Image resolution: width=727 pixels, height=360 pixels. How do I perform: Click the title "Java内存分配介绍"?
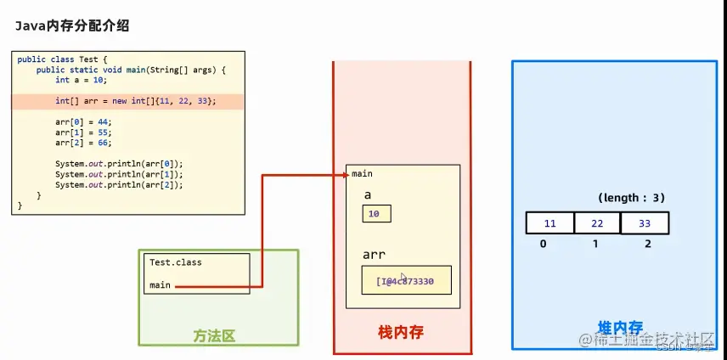pyautogui.click(x=71, y=26)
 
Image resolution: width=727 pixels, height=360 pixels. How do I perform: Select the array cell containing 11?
pyautogui.click(x=549, y=223)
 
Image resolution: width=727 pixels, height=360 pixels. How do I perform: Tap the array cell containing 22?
pyautogui.click(x=597, y=223)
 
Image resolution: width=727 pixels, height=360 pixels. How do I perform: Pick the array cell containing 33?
pyautogui.click(x=645, y=223)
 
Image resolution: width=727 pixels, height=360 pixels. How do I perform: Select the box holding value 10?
pyautogui.click(x=376, y=213)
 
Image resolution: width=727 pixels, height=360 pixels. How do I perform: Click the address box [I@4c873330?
pyautogui.click(x=406, y=279)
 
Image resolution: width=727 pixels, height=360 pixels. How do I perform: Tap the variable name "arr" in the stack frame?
pyautogui.click(x=375, y=254)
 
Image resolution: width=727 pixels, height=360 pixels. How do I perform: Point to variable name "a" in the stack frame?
pyautogui.click(x=368, y=194)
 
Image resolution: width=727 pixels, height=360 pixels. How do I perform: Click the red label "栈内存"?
pyautogui.click(x=400, y=332)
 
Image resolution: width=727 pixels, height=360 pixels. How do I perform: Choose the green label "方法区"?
pyautogui.click(x=213, y=335)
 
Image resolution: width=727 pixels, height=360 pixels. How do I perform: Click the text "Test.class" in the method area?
pyautogui.click(x=176, y=262)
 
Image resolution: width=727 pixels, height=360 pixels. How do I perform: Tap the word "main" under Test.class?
pyautogui.click(x=160, y=285)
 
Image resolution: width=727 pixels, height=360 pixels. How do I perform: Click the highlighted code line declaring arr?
pyautogui.click(x=136, y=101)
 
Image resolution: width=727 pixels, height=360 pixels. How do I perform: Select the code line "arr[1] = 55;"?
pyautogui.click(x=83, y=132)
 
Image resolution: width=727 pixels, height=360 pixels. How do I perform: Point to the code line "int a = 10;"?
pyautogui.click(x=83, y=80)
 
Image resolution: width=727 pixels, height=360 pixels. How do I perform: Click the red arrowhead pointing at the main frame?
pyautogui.click(x=344, y=175)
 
